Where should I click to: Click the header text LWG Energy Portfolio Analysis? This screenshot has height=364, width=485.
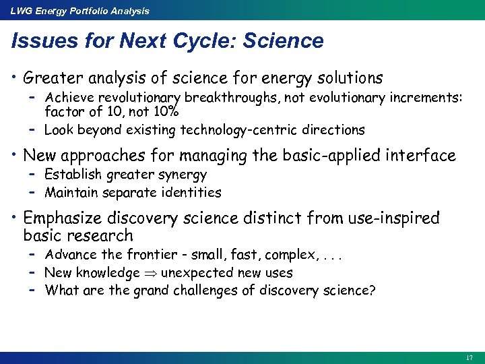[79, 10]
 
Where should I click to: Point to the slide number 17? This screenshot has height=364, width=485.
[469, 357]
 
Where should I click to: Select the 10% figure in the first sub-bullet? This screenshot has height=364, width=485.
[166, 111]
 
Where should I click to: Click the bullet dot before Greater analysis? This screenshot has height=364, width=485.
[14, 78]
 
